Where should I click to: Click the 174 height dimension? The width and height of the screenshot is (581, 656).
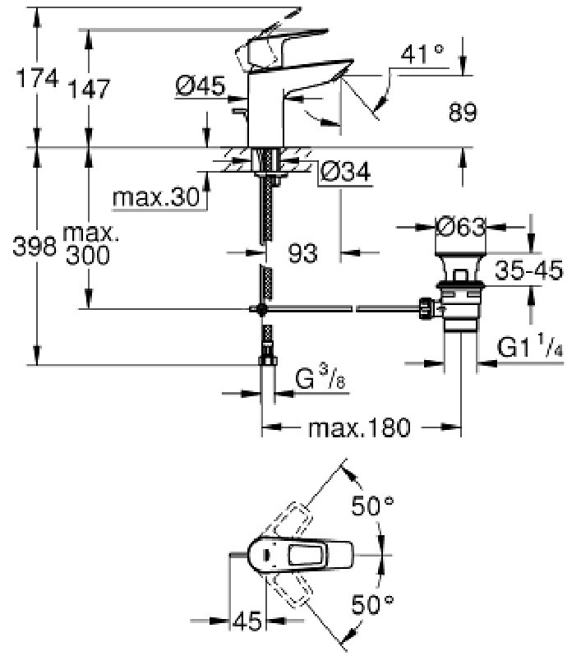click(x=37, y=79)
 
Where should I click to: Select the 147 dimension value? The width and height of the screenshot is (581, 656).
click(x=89, y=89)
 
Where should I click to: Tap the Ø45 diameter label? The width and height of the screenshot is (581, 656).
click(x=201, y=85)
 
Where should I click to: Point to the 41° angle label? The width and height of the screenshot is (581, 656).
click(x=422, y=54)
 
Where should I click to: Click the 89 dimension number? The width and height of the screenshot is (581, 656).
click(x=463, y=113)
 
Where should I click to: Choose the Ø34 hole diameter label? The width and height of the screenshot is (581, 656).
click(x=345, y=172)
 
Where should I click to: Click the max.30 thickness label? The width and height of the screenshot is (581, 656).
click(x=156, y=197)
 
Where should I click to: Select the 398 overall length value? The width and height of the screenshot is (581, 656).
click(x=35, y=246)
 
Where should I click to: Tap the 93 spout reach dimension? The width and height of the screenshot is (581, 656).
click(x=303, y=253)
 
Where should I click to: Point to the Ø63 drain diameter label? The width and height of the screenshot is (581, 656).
click(x=460, y=227)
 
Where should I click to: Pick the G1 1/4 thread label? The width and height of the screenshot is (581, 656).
click(x=530, y=347)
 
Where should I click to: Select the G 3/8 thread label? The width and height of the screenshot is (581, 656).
click(x=320, y=377)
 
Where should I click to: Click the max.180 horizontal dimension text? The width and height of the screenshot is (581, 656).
click(x=359, y=428)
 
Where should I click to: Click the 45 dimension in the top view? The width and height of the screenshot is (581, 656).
click(x=247, y=621)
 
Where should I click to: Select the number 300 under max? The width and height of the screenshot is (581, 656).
click(x=88, y=255)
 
